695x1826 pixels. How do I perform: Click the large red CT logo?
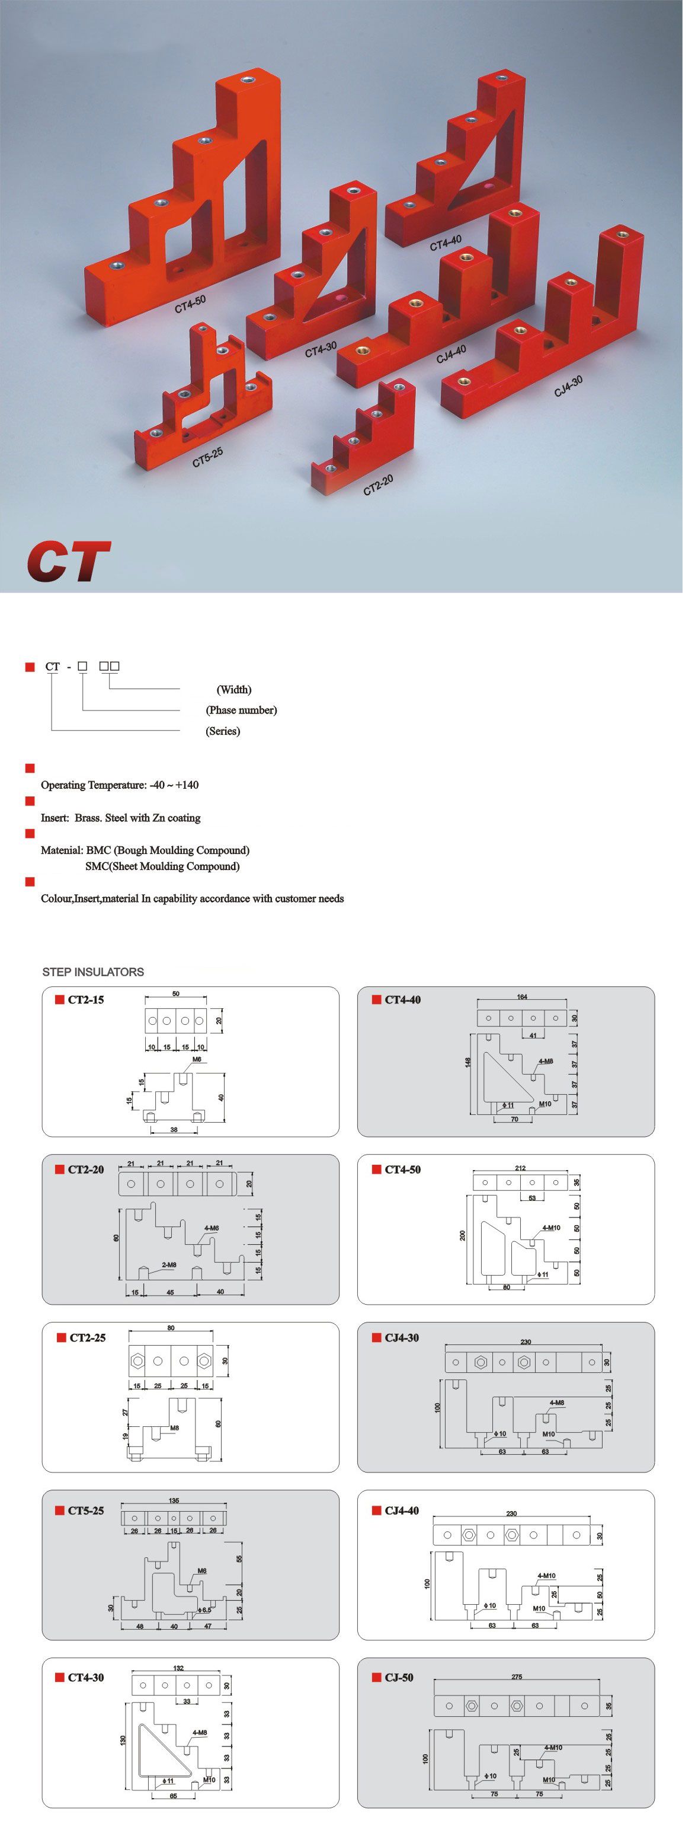(x=69, y=562)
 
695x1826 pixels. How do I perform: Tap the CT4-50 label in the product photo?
(x=190, y=304)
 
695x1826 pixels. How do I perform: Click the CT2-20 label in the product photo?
(x=377, y=486)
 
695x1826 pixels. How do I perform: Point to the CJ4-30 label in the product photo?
(x=568, y=386)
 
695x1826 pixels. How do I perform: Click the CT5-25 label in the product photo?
(x=207, y=458)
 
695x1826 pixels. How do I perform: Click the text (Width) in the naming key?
(x=234, y=690)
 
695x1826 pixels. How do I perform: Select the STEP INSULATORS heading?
(x=93, y=972)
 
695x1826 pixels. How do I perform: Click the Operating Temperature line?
(x=120, y=785)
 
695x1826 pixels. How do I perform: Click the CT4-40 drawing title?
(x=402, y=999)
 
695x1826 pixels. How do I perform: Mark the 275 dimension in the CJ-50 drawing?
(x=517, y=1677)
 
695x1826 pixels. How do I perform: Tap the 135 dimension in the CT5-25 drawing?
(x=174, y=1500)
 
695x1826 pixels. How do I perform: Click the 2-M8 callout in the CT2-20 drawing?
(x=169, y=1264)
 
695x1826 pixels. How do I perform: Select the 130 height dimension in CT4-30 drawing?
(x=123, y=1739)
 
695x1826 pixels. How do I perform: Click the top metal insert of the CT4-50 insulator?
(x=246, y=79)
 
